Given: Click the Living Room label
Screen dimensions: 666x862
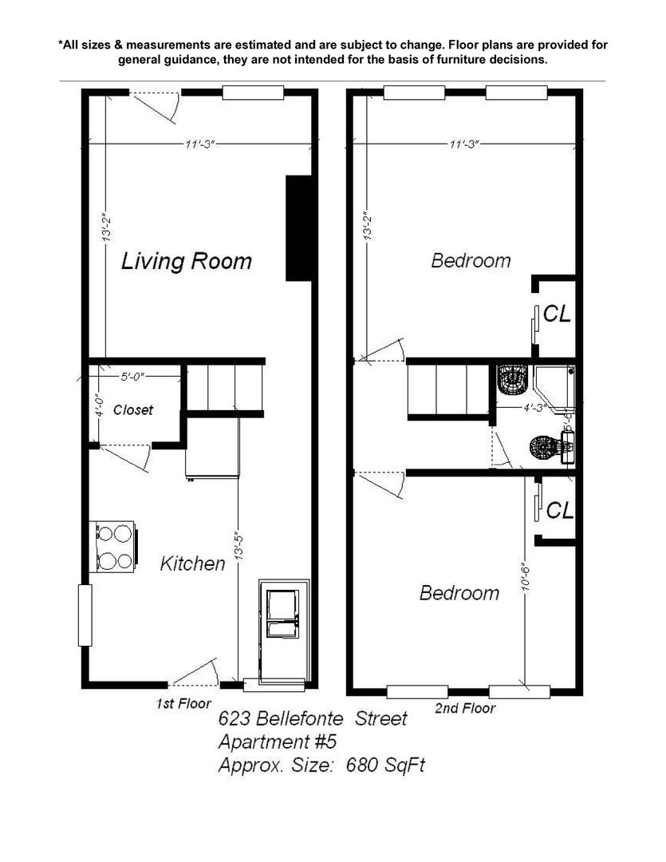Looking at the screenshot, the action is click(187, 260).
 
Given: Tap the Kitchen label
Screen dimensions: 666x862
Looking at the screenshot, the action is click(192, 563).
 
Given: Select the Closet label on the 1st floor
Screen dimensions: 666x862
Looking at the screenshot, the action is click(133, 409).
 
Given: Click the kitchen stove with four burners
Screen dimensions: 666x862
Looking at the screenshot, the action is click(114, 547).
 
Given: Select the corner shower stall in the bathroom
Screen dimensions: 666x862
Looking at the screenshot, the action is click(554, 388).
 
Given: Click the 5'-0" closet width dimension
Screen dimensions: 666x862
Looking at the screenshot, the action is click(132, 377).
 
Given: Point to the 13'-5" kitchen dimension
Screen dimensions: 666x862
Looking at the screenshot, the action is click(238, 545).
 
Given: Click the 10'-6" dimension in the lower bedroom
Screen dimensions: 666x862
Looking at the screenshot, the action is click(526, 577).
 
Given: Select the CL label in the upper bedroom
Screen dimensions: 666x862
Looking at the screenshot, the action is click(558, 314).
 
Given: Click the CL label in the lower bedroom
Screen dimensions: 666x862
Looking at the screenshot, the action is click(560, 510).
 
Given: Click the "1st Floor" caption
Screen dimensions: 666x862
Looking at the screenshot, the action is click(183, 703).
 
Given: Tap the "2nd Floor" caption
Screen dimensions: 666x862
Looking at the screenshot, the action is click(465, 708).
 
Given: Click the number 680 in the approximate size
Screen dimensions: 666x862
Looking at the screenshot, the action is click(362, 765).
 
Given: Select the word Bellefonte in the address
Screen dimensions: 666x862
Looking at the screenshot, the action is click(299, 718).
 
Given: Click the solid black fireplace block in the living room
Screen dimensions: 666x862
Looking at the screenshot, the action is click(299, 228).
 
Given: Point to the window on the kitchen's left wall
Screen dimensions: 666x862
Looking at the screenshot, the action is click(85, 615).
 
